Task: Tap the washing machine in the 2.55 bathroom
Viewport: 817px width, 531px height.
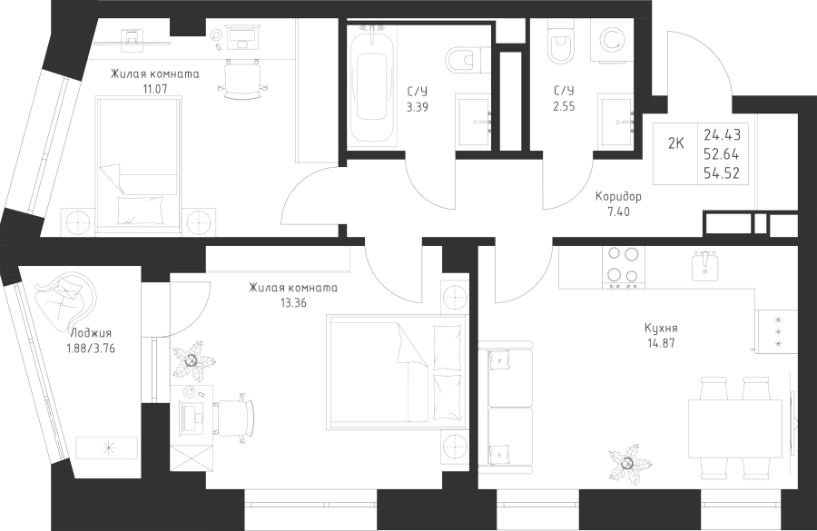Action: [x=611, y=43]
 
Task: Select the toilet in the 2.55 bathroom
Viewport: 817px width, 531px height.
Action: [x=559, y=44]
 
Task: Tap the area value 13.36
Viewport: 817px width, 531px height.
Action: [x=293, y=303]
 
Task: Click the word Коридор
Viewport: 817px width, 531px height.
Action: [x=617, y=196]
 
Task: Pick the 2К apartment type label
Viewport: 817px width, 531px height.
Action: [x=675, y=142]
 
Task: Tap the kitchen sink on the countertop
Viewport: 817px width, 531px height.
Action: [x=704, y=267]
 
